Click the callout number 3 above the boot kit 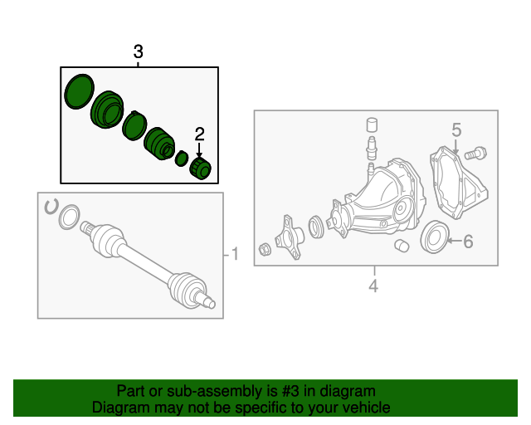coord(139,51)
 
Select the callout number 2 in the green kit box coord(200,134)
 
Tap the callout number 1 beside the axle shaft coord(235,254)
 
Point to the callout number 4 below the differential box coord(373,286)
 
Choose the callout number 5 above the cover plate coord(456,129)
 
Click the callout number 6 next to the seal coord(468,242)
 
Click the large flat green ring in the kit coord(80,91)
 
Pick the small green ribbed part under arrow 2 coord(200,169)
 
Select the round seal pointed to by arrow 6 coord(435,237)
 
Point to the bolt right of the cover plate coord(475,154)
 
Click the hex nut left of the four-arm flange coord(265,250)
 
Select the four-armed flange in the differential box coord(289,237)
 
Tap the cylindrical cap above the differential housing coord(373,125)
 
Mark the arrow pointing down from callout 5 coord(455,147)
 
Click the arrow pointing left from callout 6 coord(454,241)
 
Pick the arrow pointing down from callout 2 coord(199,150)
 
